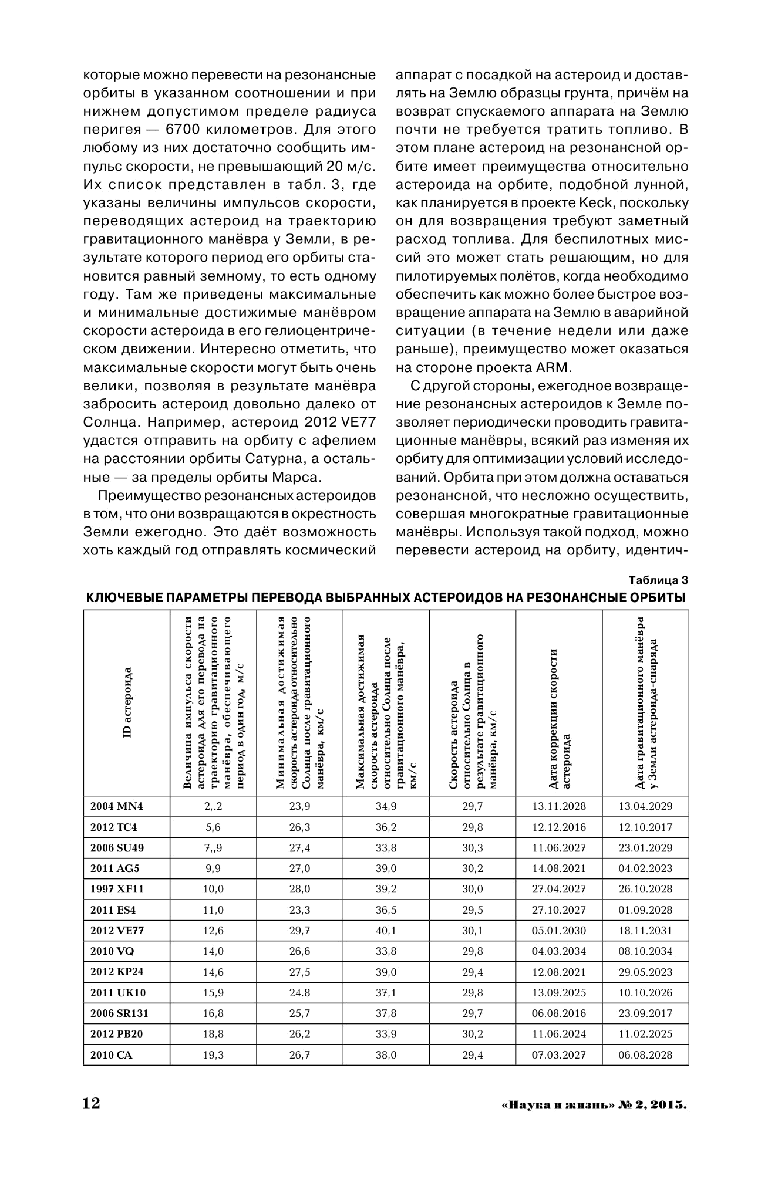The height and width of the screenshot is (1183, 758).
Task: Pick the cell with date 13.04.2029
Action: coord(645,806)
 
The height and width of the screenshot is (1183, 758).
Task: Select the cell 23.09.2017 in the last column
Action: coord(645,1013)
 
